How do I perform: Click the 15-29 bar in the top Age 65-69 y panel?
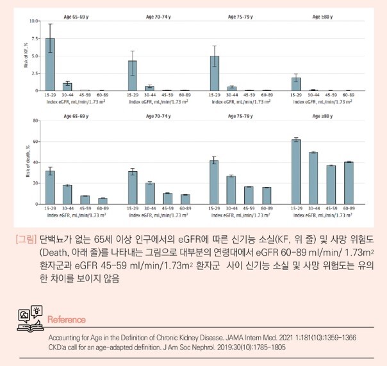(x=50, y=65)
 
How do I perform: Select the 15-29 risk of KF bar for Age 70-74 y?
(x=132, y=76)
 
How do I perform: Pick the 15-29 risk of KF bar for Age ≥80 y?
(x=296, y=84)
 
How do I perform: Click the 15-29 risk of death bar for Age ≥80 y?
(x=296, y=172)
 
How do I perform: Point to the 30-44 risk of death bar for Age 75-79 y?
(x=231, y=190)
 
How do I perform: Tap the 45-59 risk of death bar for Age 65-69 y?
(x=85, y=200)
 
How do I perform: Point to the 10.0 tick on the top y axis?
(x=35, y=21)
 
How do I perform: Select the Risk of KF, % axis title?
(x=25, y=56)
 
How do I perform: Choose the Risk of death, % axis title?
(x=25, y=163)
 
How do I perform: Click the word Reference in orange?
(x=67, y=319)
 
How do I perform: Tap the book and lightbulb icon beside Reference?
(x=30, y=315)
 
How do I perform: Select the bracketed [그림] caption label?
(x=26, y=239)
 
